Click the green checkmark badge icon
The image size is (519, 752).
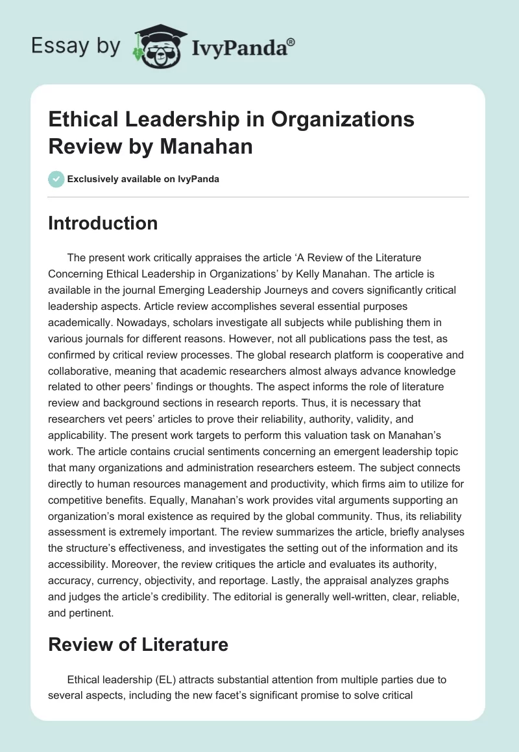(56, 179)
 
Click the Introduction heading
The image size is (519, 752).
(103, 223)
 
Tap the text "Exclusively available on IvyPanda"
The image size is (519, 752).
(144, 180)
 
